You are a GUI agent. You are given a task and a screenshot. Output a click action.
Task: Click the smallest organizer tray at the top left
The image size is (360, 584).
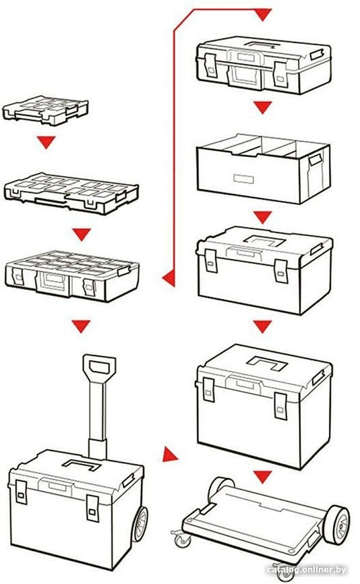tap(45, 110)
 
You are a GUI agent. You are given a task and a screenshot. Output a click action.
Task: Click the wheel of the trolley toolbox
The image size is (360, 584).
tap(140, 525)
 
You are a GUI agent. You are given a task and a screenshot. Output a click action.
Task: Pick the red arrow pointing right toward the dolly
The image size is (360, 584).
tap(170, 456)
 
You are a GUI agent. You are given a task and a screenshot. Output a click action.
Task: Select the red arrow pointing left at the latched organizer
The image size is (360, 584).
tap(168, 276)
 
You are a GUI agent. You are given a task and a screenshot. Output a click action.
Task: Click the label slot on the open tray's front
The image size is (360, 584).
tap(240, 179)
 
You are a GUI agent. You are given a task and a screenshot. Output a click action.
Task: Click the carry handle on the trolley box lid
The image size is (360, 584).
tap(84, 463)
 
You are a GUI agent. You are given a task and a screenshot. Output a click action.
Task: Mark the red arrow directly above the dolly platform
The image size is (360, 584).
tap(262, 477)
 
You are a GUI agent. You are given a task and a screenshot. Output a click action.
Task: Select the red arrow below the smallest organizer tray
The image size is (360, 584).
tap(46, 142)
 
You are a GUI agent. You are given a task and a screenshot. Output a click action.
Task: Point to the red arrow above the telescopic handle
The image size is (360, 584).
tap(82, 327)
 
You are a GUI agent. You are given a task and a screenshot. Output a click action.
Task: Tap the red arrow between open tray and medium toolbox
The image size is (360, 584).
tap(262, 216)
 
